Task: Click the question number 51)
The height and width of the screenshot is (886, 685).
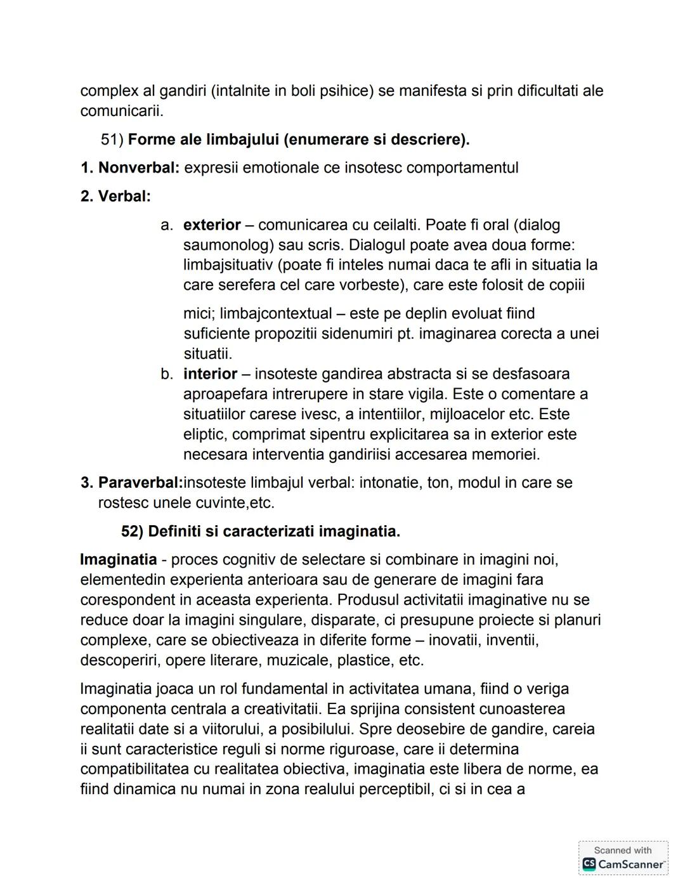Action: pyautogui.click(x=112, y=140)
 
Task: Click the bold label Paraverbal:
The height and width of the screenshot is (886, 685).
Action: pyautogui.click(x=140, y=483)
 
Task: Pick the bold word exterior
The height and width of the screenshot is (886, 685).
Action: pyautogui.click(x=212, y=225)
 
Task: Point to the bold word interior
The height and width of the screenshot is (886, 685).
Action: pyautogui.click(x=210, y=374)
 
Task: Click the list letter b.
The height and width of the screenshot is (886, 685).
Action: pyautogui.click(x=167, y=374)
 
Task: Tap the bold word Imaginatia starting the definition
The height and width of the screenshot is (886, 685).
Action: pyautogui.click(x=119, y=560)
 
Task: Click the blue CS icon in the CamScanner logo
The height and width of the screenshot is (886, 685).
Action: pyautogui.click(x=589, y=864)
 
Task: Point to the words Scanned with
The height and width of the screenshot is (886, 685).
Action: pyautogui.click(x=622, y=850)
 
